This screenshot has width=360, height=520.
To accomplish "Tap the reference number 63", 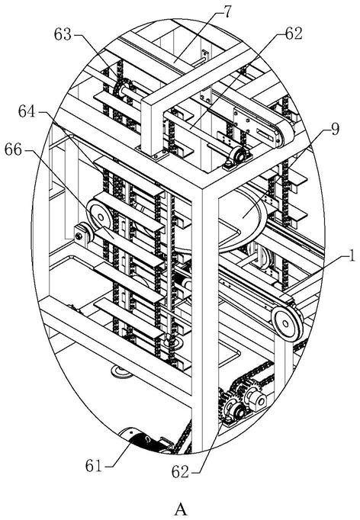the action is point(63,34).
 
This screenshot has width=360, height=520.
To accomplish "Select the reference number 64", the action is point(27,112).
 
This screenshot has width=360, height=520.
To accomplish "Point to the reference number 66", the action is point(13,150).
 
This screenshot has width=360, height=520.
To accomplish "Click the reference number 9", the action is point(335,130).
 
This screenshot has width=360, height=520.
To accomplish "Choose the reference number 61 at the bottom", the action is point(93,466).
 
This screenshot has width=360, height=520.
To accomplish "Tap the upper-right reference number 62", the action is point(294,34).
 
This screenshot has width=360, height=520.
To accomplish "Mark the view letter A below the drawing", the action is point(181,509).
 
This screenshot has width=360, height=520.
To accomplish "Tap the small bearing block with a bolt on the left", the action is point(81,236).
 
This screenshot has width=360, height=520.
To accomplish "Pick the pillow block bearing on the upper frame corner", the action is point(237,156).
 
